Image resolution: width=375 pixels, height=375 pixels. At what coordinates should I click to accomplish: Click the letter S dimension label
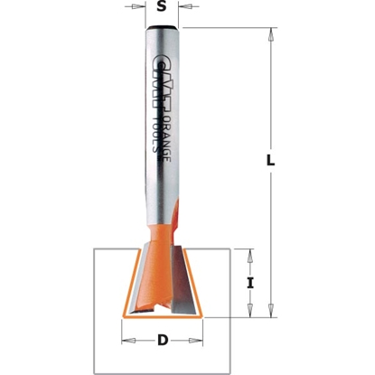point(161,7)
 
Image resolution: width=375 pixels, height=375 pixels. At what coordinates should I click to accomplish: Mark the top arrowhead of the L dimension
point(272,34)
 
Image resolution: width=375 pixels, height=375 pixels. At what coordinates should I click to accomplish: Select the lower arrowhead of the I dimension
point(250,312)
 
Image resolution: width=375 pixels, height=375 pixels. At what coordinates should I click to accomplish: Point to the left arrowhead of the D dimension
point(127,341)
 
